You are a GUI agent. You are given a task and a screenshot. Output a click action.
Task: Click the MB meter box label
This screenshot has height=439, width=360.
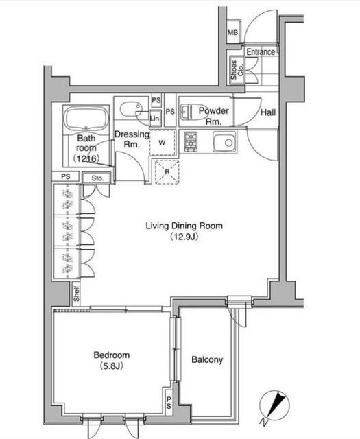[x=232, y=32]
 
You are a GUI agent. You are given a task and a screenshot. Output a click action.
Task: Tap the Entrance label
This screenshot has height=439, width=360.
[x=261, y=52]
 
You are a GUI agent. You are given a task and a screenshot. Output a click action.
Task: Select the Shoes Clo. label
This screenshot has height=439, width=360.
[x=237, y=70]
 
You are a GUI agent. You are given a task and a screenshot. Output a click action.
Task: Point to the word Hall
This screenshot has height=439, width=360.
[x=268, y=112]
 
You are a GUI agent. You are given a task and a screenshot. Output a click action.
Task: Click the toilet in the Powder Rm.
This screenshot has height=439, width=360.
[x=186, y=112]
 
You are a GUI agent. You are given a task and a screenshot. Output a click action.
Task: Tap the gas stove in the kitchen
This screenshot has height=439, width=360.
[x=191, y=142]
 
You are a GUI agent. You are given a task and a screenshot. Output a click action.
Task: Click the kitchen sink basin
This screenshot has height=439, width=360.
[x=224, y=141]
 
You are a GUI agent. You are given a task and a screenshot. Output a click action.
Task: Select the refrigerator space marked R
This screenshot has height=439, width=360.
[x=167, y=172]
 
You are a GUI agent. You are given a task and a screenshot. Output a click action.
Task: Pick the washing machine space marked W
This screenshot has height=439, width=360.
[x=162, y=143]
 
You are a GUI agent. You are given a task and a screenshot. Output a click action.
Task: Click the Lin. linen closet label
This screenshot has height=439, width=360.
[x=155, y=119]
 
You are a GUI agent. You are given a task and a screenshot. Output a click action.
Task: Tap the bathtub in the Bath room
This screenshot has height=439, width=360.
[x=86, y=119]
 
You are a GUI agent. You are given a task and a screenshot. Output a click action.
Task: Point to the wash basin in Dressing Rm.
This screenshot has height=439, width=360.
[x=130, y=109]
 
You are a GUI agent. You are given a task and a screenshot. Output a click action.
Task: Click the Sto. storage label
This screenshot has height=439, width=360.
[x=97, y=178]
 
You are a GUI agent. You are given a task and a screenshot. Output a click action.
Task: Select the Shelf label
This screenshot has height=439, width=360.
[x=76, y=294]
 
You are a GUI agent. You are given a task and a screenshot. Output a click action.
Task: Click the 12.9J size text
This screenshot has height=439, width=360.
[x=184, y=237]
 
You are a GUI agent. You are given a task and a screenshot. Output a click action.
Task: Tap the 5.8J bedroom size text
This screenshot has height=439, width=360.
[x=111, y=366]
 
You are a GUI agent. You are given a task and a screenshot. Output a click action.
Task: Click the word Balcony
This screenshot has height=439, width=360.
[x=207, y=359]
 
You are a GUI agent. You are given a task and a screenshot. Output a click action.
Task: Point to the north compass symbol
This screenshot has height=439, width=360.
[x=274, y=405]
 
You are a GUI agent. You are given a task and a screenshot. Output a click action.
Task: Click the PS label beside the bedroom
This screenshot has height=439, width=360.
[x=169, y=403]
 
